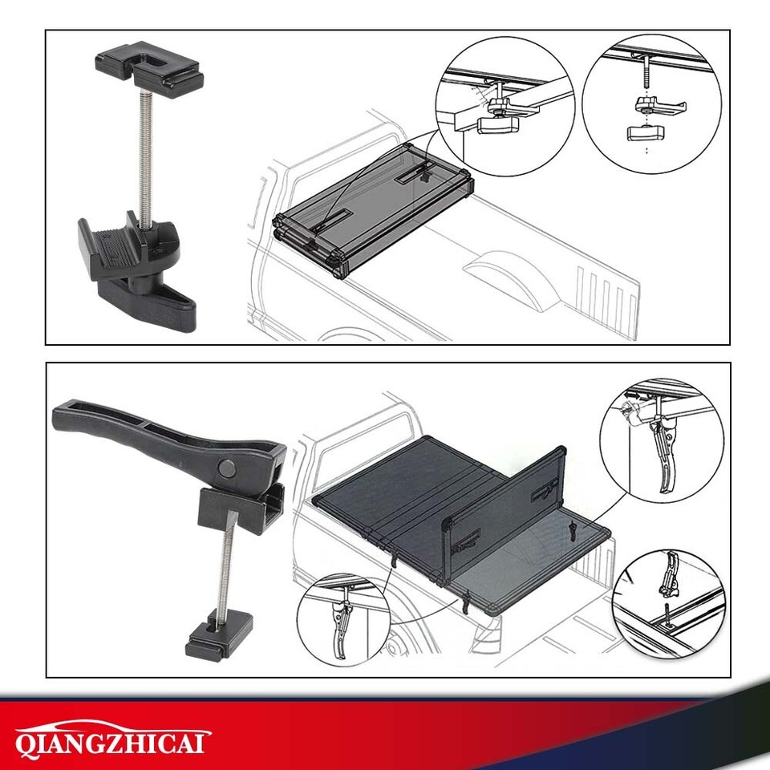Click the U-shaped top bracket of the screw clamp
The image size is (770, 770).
[x=149, y=69]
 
